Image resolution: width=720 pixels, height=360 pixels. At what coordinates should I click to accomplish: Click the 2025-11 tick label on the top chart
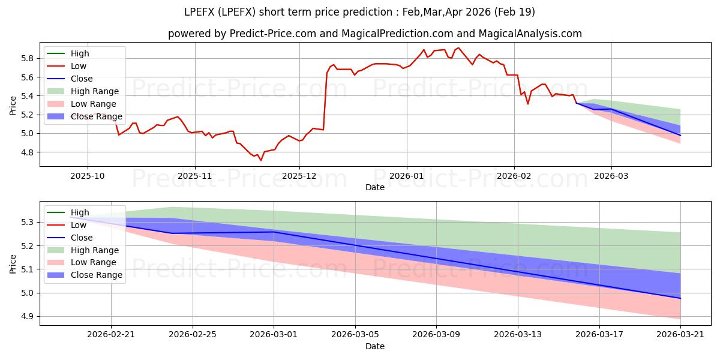point(195,176)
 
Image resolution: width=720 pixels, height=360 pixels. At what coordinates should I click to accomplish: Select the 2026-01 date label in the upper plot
point(407,176)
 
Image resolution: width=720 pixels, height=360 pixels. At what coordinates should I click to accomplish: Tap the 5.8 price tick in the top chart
point(28,59)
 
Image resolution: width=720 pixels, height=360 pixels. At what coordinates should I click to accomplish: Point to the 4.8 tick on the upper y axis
point(28,152)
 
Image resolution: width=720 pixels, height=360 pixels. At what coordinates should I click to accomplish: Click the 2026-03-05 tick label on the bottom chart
point(355,334)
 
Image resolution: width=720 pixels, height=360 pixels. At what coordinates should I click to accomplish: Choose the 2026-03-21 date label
point(680,334)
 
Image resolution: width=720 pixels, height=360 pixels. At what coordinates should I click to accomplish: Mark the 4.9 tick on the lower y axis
point(28,317)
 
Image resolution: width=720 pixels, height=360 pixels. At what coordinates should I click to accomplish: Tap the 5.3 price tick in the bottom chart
point(28,223)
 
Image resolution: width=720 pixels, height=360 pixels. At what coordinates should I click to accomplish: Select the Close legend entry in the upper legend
point(70,79)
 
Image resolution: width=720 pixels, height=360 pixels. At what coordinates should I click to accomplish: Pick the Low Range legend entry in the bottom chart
point(82,263)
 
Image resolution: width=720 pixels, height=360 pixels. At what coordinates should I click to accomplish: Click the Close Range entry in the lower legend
point(85,275)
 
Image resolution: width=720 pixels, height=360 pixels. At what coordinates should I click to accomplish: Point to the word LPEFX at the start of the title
point(199,12)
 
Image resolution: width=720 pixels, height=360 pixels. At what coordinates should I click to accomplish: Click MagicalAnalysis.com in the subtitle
point(530,34)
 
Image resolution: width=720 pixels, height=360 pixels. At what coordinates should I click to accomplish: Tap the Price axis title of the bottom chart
point(13,264)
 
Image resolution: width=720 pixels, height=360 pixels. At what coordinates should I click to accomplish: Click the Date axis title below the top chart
point(375,187)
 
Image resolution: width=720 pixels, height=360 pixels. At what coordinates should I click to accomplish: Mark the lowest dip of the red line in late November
point(260,160)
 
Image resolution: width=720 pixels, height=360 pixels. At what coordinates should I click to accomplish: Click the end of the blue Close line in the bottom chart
point(680,298)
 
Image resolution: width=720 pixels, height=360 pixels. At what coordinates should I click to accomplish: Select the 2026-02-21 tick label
point(111,334)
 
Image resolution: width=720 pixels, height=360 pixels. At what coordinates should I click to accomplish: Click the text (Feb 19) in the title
point(514,12)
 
